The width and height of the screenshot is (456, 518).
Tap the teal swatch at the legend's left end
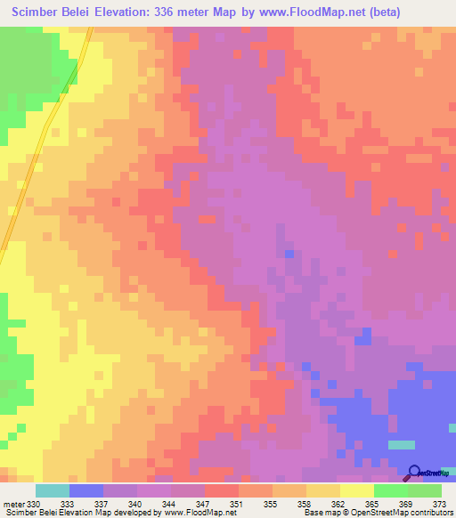click(52, 490)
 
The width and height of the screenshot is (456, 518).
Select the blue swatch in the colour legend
click(86, 490)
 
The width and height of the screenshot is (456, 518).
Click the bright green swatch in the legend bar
click(390, 490)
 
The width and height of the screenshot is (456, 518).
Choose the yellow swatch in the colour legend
click(356, 490)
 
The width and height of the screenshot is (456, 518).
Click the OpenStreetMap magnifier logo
click(414, 472)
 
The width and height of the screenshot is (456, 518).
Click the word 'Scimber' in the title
click(40, 12)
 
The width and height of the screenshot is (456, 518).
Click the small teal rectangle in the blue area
click(402, 444)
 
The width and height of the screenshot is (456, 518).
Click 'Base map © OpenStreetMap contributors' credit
click(375, 514)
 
